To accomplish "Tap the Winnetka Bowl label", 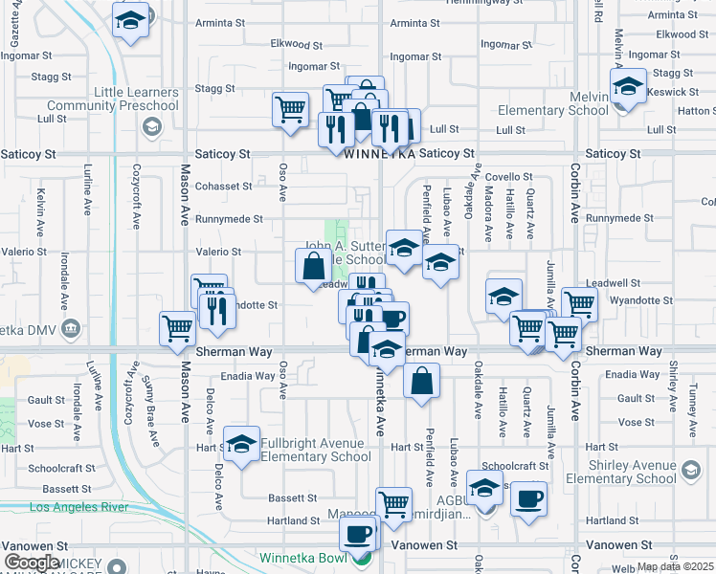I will (307, 557).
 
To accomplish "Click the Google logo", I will (32, 563).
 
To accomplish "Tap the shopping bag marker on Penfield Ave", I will (421, 382).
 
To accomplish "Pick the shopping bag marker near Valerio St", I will (314, 267).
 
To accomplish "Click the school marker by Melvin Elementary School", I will (628, 87).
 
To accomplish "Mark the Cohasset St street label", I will (223, 187).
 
